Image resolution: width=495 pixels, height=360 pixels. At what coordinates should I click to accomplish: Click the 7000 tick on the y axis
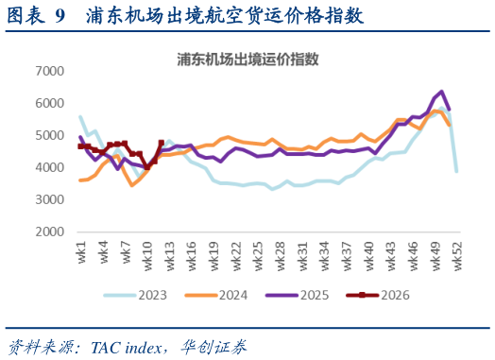[x=49, y=71]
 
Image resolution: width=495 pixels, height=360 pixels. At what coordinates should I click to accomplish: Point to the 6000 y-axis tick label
[x=49, y=103]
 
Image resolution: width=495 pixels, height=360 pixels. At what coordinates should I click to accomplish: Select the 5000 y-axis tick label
[x=49, y=135]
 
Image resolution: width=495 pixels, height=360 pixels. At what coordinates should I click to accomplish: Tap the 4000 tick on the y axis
[x=49, y=167]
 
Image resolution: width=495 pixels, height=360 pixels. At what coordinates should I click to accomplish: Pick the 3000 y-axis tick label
[x=49, y=199]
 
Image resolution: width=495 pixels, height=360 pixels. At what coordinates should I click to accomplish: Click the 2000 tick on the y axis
[x=49, y=231]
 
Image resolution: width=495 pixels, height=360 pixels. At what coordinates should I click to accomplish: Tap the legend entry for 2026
[x=392, y=296]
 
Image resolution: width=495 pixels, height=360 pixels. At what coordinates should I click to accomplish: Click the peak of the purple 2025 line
[x=442, y=92]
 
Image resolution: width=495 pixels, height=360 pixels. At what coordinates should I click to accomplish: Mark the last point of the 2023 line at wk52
[x=457, y=171]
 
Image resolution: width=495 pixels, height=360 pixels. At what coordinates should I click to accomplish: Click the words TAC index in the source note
[x=122, y=347]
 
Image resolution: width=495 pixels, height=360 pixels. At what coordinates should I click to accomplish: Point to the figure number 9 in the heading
[x=60, y=16]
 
